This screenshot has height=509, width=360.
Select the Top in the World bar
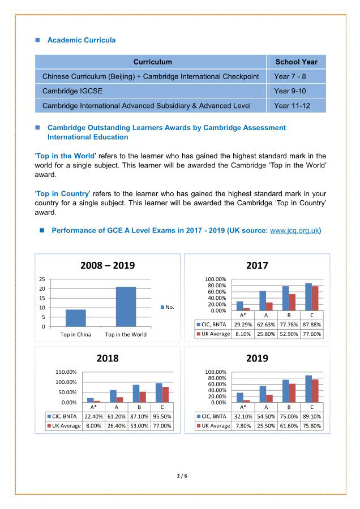pos(126,307)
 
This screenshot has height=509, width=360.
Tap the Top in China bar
pos(76,318)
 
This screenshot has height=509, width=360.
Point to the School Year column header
pos(296,62)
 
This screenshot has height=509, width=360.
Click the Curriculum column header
pos(152,62)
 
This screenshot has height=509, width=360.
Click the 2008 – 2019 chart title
pos(108,265)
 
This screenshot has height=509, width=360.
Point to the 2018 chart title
pos(108,359)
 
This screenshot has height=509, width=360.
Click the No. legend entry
pos(168,307)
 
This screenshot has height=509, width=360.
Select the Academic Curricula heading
pos(82,40)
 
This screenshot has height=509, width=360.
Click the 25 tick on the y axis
pos(42,279)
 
